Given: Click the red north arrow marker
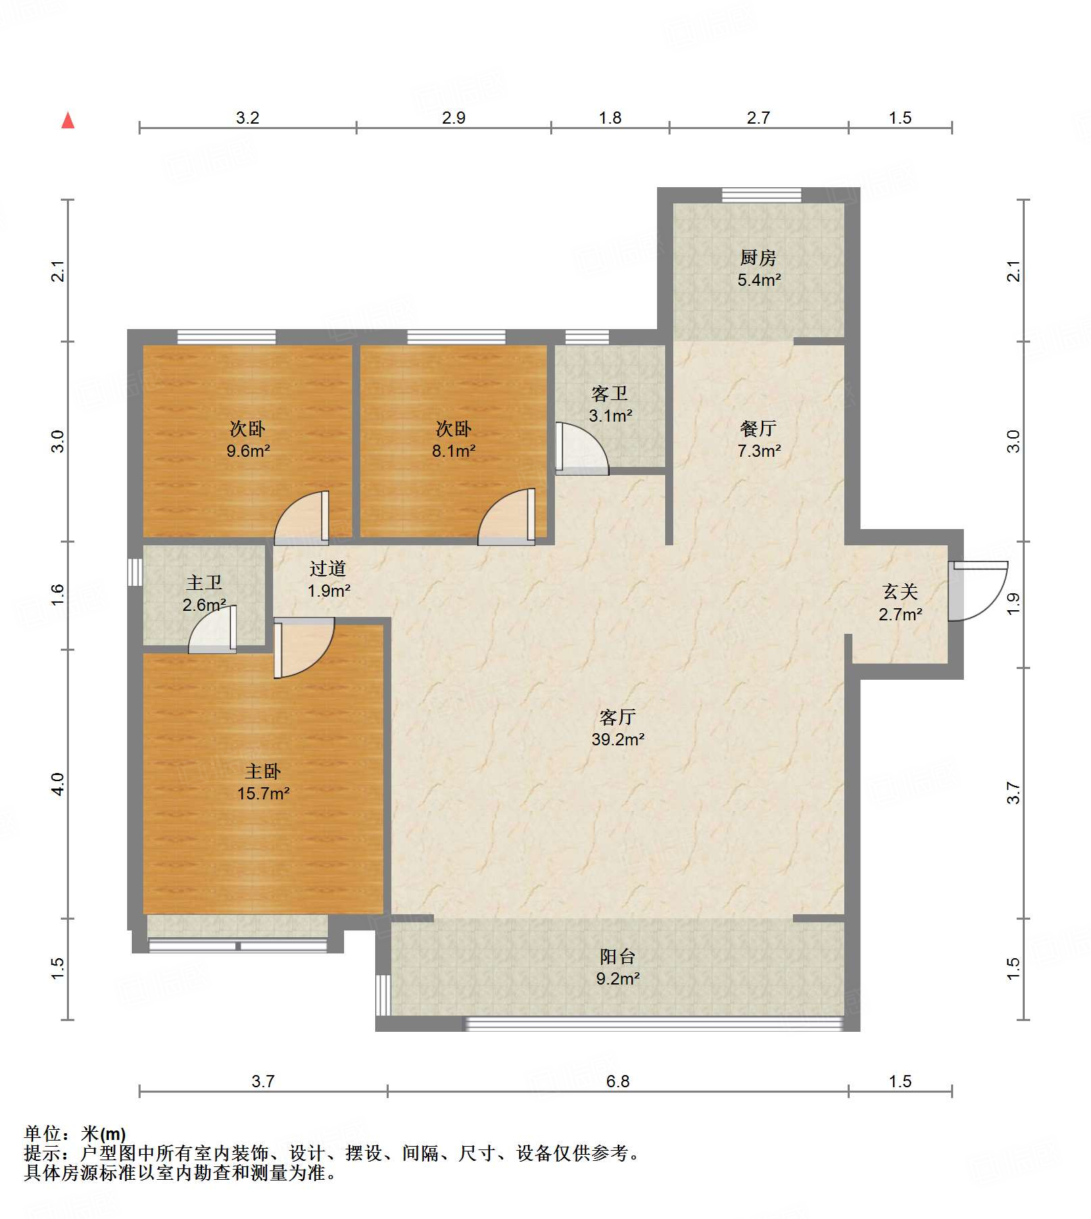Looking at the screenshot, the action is pos(68,120).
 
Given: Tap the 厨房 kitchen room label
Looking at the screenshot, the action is pos(758,257).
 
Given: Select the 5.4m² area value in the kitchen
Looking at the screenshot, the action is pos(759,280).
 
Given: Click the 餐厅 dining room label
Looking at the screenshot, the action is pos(758,428).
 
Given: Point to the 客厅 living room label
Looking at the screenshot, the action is pos(617,717).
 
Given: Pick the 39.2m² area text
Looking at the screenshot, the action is pos(618,739).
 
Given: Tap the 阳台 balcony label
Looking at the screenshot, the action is pos(617,956).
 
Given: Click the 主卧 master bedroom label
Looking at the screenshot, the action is pos(262,771).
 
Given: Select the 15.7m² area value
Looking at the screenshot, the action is pos(263,793).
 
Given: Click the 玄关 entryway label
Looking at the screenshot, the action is pos(900,592).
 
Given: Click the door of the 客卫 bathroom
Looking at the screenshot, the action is pos(581,448).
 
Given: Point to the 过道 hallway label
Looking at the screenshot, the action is pos(328,569).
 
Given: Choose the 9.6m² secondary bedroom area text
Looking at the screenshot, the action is pos(248,451).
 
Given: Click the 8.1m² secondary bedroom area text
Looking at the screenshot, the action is pos(454,451).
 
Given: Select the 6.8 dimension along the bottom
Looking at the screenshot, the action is pos(617,1081).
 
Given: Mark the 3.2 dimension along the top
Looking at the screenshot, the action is pos(247,118).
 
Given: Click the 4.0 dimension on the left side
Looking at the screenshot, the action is pos(57,784).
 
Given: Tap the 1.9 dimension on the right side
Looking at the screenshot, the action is pos(1013,603).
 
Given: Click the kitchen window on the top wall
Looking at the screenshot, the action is pos(761,195).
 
